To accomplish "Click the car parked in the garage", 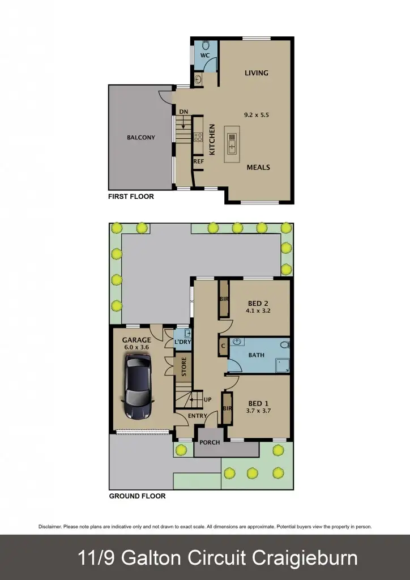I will pos(138,388).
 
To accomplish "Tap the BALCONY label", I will pos(141,138).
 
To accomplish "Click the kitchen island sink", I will pos(233,144).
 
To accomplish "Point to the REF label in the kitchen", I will pos(198,161).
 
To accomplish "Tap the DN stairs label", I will pos(183,112).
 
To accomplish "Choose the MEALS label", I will pos(258,167).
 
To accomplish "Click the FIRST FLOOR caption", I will pos(131,197).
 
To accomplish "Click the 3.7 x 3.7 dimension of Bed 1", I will pos(259,411).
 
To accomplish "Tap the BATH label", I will pos(256,355).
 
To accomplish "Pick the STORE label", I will pos(183,366).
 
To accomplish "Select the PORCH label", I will pos(210,442).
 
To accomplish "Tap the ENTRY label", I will pos(198,416).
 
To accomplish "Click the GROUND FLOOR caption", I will pos(137,496).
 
